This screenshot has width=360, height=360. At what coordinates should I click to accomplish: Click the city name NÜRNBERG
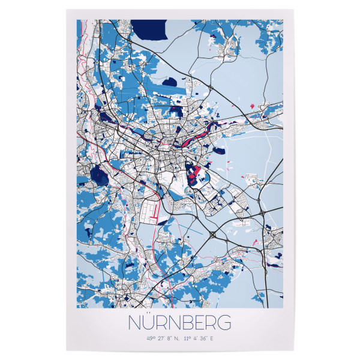tap(179, 322)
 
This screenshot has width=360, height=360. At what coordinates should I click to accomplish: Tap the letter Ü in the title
tap(146, 322)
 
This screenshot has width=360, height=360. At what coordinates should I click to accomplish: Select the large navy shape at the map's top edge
tap(148, 27)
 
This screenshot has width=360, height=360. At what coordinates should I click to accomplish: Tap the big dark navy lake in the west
tap(97, 176)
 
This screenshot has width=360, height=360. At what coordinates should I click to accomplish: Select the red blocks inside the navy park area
tap(194, 173)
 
